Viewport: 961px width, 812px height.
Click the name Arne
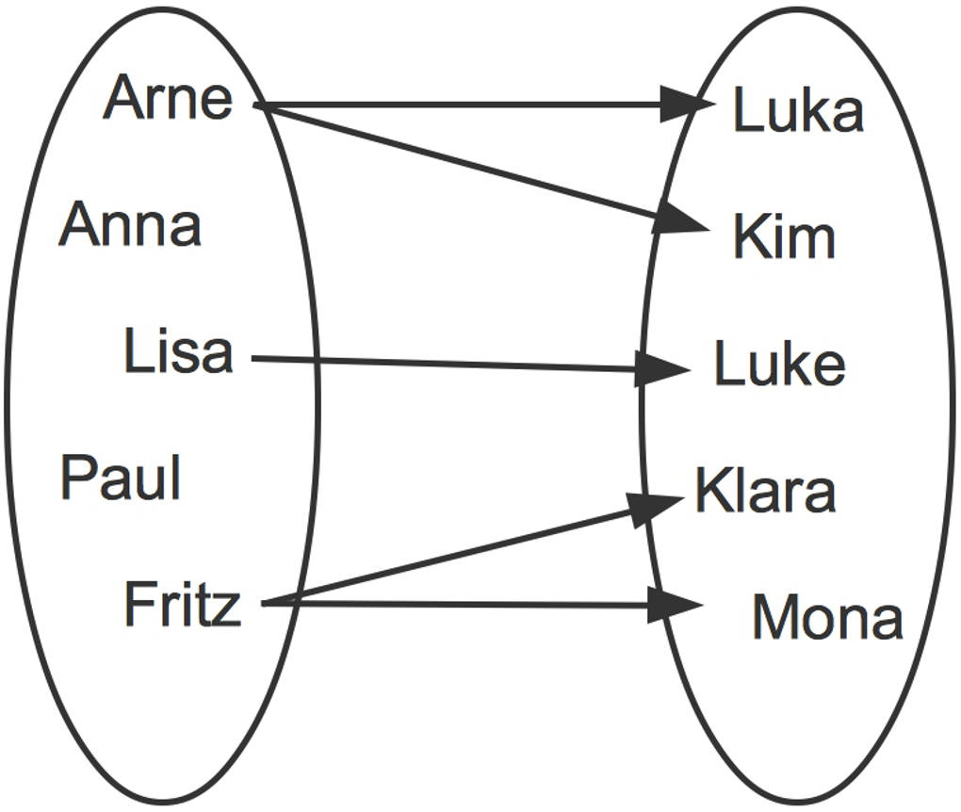coord(168,98)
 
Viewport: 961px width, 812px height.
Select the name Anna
coord(130,226)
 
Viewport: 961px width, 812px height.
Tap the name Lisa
coord(178,352)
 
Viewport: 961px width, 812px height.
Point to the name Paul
coord(121,478)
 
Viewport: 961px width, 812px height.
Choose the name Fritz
coord(182,605)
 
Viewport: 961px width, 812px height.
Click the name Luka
coord(798,111)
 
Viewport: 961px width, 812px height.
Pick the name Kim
coord(784,237)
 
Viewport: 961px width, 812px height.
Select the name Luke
coord(779,365)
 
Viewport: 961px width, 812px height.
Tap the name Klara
coord(765,491)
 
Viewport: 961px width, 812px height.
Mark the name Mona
coord(827,619)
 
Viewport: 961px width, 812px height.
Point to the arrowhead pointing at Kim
coord(681,220)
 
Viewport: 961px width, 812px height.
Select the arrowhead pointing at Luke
coord(663,368)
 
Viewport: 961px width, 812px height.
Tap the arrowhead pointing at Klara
coord(657,507)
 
